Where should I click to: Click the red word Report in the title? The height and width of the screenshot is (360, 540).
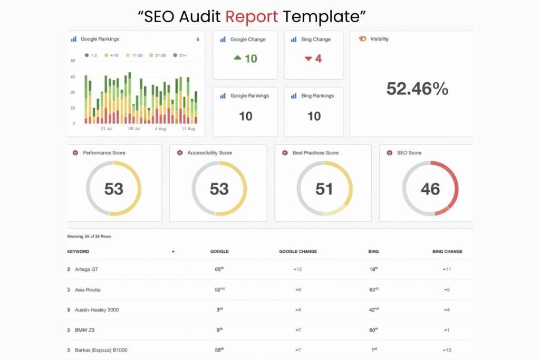tap(252, 16)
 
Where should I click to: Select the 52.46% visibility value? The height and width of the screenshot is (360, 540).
tap(417, 89)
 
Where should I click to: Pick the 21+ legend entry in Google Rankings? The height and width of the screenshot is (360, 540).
tap(181, 55)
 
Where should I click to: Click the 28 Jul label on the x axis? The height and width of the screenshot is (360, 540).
tap(134, 129)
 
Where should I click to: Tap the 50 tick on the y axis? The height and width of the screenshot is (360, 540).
tap(73, 61)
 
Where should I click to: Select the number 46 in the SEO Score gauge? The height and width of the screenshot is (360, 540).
tap(430, 189)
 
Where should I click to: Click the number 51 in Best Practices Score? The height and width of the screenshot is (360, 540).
tap(324, 189)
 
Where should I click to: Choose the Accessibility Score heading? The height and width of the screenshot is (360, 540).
tap(209, 153)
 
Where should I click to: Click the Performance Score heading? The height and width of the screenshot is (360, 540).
tap(104, 153)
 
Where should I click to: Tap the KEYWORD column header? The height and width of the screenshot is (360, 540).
tap(78, 251)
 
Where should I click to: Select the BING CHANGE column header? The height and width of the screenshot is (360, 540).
tap(447, 251)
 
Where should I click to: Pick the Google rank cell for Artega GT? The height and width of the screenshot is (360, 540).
tap(219, 269)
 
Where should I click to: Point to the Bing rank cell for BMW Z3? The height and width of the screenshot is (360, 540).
tap(374, 330)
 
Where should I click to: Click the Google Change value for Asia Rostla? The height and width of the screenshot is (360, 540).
tap(298, 290)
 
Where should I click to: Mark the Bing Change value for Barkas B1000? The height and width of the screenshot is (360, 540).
tap(447, 350)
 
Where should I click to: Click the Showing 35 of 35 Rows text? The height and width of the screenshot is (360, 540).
tap(89, 236)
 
